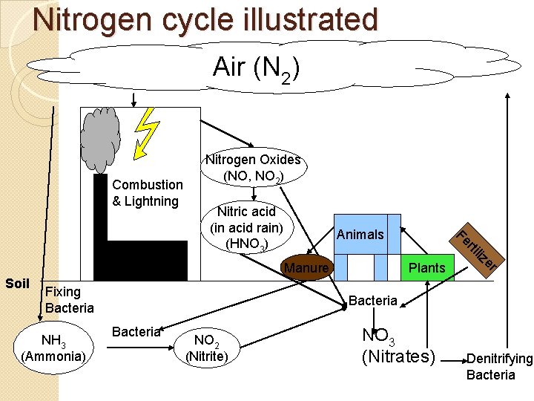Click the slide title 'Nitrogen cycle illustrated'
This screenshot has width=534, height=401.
click(x=205, y=19)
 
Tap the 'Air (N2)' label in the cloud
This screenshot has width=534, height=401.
click(x=256, y=68)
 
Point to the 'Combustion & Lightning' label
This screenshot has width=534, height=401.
click(x=147, y=193)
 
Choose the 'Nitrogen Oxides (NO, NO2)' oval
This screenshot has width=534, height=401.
click(x=253, y=169)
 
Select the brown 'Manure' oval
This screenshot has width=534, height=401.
click(x=306, y=267)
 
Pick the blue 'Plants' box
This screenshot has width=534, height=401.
click(x=427, y=267)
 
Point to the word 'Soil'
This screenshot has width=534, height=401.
click(x=17, y=283)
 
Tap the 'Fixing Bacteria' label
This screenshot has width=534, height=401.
click(x=69, y=299)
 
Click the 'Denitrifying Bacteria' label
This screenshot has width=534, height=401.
click(x=498, y=367)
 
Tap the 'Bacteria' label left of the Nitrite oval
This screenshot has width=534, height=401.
click(x=136, y=332)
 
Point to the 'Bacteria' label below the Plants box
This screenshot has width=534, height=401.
click(x=372, y=301)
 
